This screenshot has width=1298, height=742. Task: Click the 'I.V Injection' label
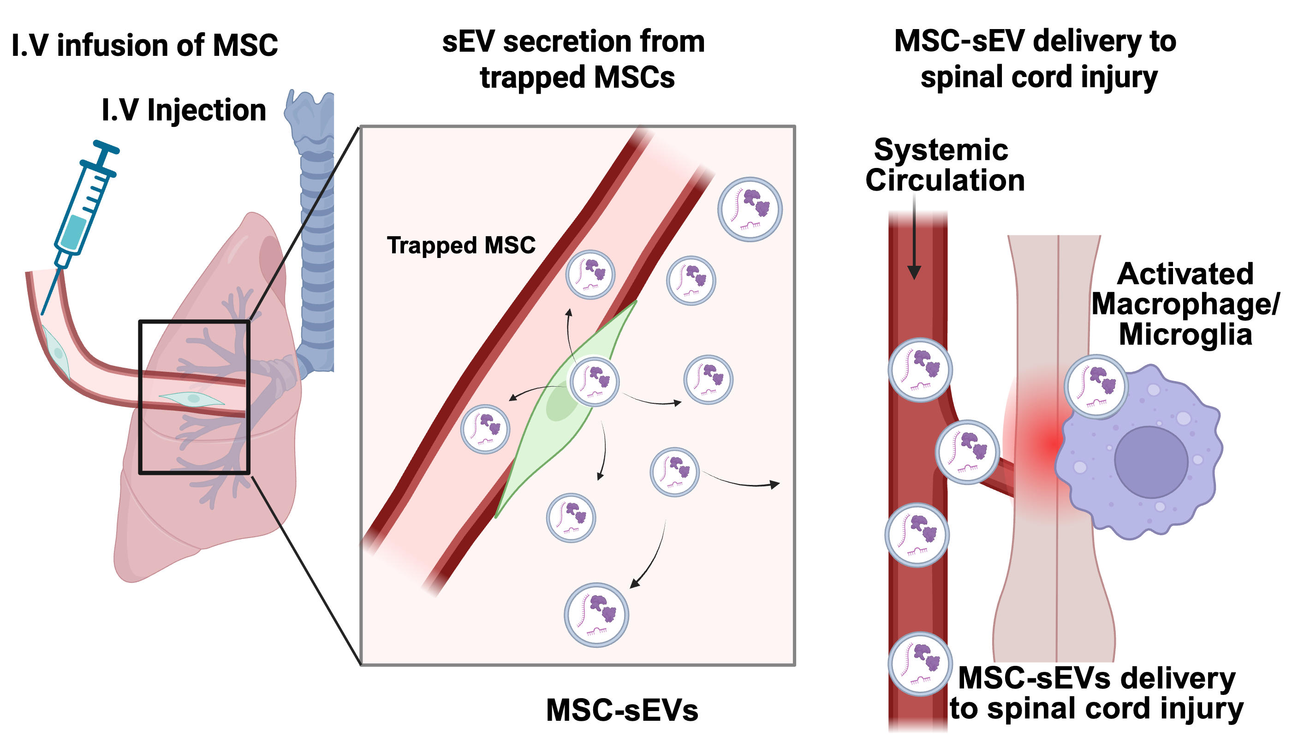(184, 110)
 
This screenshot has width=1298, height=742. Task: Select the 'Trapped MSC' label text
(461, 245)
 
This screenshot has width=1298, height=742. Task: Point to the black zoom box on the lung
(140, 397)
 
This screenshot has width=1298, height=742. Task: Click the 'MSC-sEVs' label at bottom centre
(622, 710)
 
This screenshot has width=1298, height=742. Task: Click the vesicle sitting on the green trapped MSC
(595, 381)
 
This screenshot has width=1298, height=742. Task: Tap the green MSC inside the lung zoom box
(192, 399)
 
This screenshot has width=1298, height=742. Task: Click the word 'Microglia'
(1185, 335)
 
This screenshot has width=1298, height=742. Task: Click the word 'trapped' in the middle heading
(533, 78)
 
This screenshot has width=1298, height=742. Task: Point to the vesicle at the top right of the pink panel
(750, 209)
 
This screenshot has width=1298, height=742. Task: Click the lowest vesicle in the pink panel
(596, 615)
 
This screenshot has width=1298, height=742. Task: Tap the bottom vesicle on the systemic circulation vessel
(920, 664)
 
